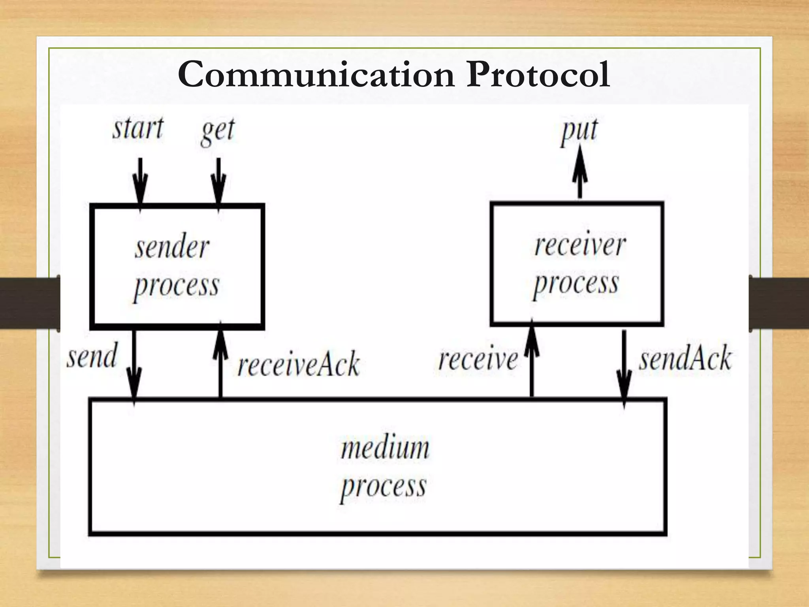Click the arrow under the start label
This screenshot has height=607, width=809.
click(x=140, y=181)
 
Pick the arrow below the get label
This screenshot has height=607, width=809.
click(x=218, y=181)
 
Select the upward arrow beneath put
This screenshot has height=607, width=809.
click(x=579, y=172)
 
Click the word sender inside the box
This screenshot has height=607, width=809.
click(x=172, y=248)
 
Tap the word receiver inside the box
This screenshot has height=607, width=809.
click(x=580, y=245)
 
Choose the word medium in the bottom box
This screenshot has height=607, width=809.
click(x=385, y=448)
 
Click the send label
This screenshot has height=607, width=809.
click(x=92, y=356)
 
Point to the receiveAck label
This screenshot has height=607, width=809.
click(x=299, y=364)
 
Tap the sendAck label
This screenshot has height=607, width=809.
click(x=685, y=358)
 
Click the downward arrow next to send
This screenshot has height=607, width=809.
click(x=134, y=366)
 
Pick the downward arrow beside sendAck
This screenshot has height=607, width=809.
click(x=624, y=368)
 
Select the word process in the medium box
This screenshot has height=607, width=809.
click(x=384, y=487)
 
